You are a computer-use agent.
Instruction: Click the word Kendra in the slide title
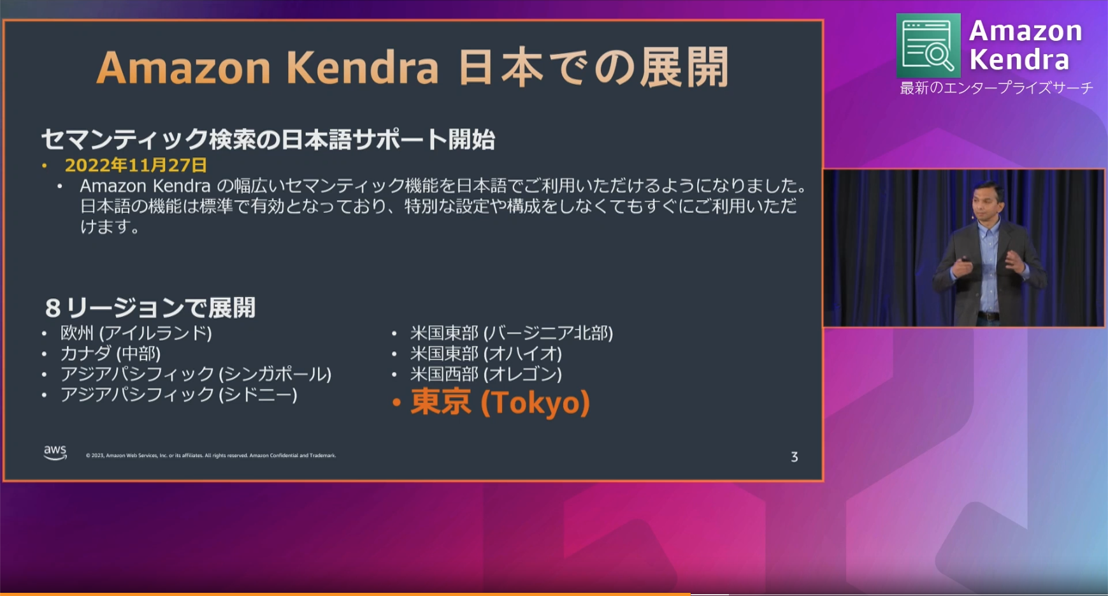coord(362,68)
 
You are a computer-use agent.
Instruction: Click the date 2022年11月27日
coord(136,165)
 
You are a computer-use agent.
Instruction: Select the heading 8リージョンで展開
coord(150,308)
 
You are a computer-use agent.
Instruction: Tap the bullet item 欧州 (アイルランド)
coord(136,333)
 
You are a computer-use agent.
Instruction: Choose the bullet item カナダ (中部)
coord(110,353)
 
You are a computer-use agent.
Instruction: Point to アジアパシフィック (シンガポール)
coord(196,374)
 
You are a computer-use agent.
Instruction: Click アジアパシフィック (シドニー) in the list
coord(178,395)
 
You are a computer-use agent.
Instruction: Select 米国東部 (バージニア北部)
coord(512,333)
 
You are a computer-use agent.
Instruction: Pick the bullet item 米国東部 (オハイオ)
coord(486,353)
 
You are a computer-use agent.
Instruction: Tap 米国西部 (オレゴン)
coord(486,374)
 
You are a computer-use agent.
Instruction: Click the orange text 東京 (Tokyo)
coord(500,402)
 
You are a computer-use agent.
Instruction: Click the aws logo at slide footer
coord(55,453)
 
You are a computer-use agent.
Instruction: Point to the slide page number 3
coord(795,456)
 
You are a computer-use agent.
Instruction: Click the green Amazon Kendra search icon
coord(928,45)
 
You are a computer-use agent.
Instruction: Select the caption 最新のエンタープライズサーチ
coord(996,88)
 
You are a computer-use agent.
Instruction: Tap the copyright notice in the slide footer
coord(211,455)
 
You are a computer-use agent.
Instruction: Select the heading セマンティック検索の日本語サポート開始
coord(268,139)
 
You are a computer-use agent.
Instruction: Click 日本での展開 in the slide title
coord(593,68)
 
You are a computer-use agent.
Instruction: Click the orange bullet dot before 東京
coord(396,402)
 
